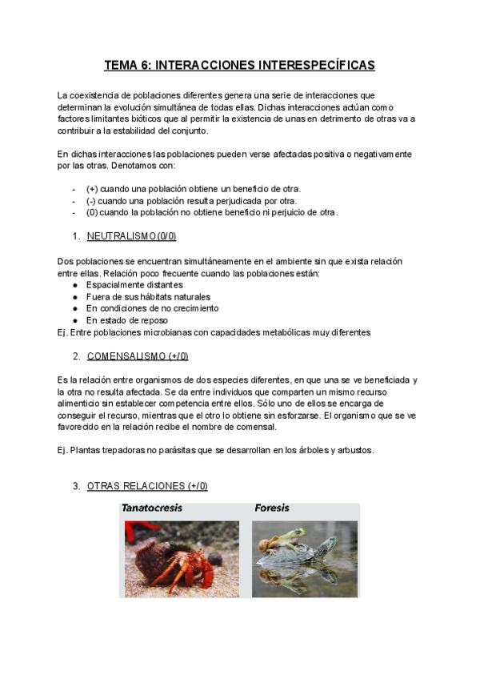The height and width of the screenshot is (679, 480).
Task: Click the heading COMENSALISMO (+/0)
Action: (x=137, y=356)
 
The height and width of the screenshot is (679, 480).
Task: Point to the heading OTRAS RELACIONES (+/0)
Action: (x=147, y=486)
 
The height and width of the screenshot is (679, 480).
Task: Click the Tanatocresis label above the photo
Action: (x=151, y=508)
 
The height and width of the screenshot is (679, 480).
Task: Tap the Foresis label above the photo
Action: (x=272, y=508)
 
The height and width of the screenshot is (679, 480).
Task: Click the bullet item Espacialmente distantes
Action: (x=134, y=284)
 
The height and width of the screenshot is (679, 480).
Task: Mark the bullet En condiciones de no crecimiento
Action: (x=152, y=308)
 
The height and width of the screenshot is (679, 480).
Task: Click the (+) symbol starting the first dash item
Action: (x=92, y=189)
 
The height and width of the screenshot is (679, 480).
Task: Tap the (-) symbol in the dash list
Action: (x=91, y=201)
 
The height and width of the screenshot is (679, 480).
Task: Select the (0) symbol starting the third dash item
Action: (x=92, y=212)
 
